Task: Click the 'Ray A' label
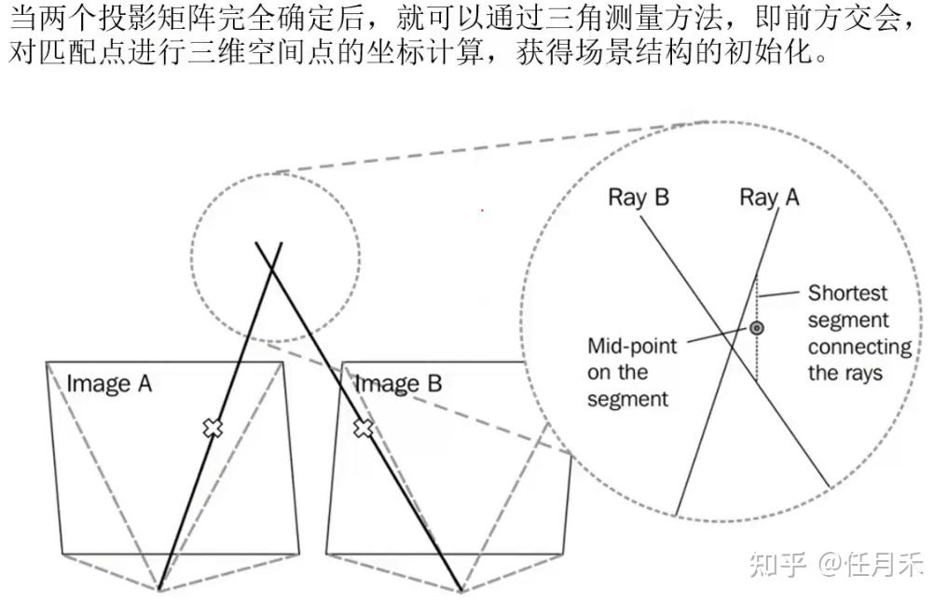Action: click(769, 198)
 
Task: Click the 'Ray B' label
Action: click(639, 198)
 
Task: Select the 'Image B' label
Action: click(398, 383)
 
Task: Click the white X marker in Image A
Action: click(213, 428)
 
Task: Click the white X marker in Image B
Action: click(364, 428)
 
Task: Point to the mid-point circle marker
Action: click(757, 328)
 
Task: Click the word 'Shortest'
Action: click(847, 293)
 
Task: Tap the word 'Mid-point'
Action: click(631, 346)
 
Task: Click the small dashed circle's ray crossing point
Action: click(269, 268)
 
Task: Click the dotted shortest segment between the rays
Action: click(756, 354)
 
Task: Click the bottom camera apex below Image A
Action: click(160, 589)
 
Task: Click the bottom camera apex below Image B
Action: click(461, 589)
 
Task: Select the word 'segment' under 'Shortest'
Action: click(847, 321)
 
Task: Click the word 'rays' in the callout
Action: click(860, 374)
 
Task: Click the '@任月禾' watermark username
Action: click(871, 564)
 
